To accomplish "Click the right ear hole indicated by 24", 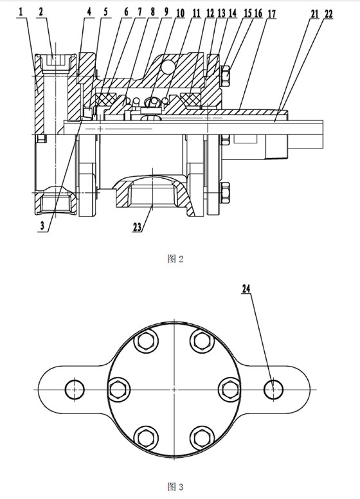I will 274,388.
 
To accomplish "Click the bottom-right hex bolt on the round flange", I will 201,437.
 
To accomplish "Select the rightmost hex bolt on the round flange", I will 230,388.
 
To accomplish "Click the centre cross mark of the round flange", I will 174,389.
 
